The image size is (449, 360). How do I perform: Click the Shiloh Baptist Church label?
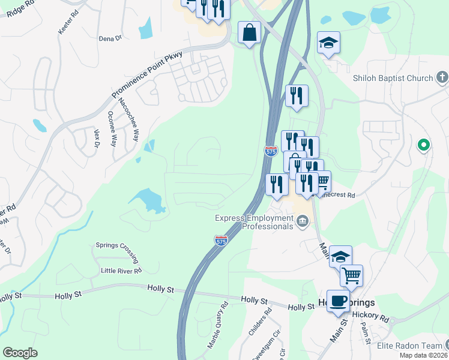click(x=393, y=78)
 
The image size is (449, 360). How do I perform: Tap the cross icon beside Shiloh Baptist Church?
click(x=442, y=77)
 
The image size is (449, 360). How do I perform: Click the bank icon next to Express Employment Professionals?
click(x=302, y=223)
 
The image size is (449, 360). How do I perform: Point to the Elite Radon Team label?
click(x=409, y=346)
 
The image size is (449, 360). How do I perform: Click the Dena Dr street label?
click(x=110, y=38)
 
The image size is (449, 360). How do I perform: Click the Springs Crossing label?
click(x=116, y=245)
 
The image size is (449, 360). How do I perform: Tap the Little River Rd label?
click(x=121, y=271)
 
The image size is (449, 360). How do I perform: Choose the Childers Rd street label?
click(x=260, y=322)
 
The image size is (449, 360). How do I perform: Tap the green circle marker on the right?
click(x=423, y=145)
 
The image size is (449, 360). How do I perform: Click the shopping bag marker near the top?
click(x=249, y=32)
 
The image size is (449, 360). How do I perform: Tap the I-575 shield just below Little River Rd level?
click(x=221, y=241)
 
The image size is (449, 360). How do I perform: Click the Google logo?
click(x=20, y=353)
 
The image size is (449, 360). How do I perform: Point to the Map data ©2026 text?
click(x=424, y=355)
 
